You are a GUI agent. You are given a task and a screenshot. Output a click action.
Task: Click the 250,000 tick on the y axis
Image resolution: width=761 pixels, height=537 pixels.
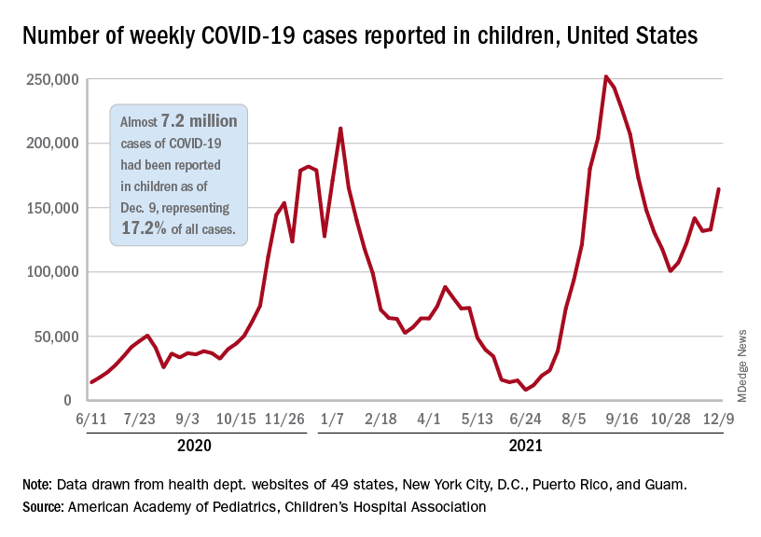(52, 79)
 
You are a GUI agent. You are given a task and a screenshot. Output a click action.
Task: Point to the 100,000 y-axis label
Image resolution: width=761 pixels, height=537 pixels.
(52, 272)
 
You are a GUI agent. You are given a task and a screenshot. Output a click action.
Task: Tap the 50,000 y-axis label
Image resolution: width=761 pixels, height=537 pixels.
(56, 337)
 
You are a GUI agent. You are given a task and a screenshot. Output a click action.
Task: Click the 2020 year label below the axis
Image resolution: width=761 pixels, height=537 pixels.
(193, 446)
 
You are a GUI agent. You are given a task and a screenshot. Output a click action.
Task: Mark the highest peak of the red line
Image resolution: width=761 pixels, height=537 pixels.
(606, 76)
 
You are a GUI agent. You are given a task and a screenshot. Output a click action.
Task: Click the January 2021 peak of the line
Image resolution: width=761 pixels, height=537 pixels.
(340, 129)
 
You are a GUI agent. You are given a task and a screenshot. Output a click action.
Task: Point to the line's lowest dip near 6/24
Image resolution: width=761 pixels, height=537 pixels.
(526, 390)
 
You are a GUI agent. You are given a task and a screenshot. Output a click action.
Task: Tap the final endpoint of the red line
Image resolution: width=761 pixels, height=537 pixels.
(719, 189)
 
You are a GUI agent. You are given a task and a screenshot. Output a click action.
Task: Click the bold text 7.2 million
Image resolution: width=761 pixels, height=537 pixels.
(199, 122)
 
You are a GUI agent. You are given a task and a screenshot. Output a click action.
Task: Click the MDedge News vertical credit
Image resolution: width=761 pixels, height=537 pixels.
(742, 365)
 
